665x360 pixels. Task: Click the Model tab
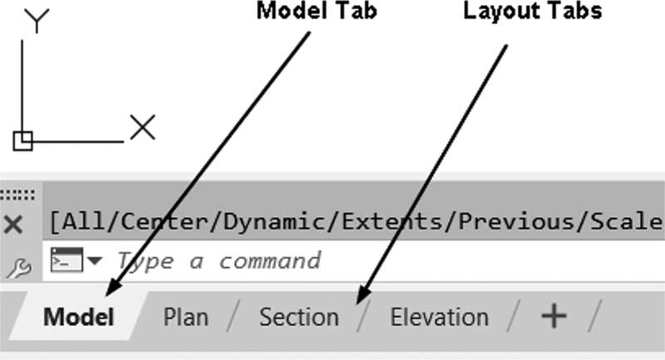(x=78, y=317)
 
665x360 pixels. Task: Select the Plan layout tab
(x=185, y=317)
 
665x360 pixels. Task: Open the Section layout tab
(x=299, y=317)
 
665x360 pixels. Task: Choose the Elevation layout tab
(x=439, y=317)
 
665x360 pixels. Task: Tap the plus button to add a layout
(x=554, y=316)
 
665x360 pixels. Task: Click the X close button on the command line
(x=13, y=224)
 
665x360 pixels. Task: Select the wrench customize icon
(x=19, y=269)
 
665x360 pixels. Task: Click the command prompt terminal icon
(x=66, y=259)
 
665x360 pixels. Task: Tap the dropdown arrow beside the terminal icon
(x=95, y=260)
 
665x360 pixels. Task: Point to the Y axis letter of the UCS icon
(x=37, y=20)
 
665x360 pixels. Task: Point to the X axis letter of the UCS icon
(x=142, y=126)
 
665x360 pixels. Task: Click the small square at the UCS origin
(x=23, y=141)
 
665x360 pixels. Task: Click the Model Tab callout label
(x=317, y=11)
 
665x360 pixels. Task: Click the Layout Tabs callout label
(x=532, y=12)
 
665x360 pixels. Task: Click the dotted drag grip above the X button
(x=17, y=195)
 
